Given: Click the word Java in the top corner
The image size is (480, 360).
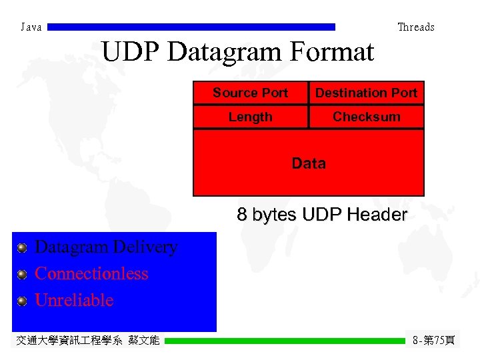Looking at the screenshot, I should pos(31,27).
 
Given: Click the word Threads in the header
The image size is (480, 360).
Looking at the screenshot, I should pos(415,27).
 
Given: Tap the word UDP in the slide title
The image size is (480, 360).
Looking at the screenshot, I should pos(131,52).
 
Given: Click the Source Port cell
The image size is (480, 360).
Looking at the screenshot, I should pos(250,93).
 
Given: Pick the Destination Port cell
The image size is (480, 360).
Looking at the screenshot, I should pos(366,93).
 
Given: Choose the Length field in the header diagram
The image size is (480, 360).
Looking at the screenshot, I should pos(250,117).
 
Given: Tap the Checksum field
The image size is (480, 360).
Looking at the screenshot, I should pos(366,117).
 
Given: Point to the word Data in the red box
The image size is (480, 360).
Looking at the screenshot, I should pos(309,163).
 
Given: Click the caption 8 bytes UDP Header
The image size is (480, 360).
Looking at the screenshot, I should pos(321,215).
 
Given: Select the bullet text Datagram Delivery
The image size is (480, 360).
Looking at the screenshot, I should pos(105,247).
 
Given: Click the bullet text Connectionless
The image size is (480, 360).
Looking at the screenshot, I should pos(91,274).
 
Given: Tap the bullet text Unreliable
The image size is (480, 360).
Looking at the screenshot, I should pos(74,300).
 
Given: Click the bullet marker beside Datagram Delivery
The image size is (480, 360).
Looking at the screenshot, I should pos(22,248).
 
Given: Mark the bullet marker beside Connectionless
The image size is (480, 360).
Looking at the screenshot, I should pos(22,275).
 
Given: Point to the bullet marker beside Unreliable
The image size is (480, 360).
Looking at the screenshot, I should pos(22,301).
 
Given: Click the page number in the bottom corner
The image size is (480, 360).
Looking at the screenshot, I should pos(433,341).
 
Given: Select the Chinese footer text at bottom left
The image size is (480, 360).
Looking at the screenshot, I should pos(87,341).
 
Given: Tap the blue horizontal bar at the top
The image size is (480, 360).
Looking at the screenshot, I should pos(192,27).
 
